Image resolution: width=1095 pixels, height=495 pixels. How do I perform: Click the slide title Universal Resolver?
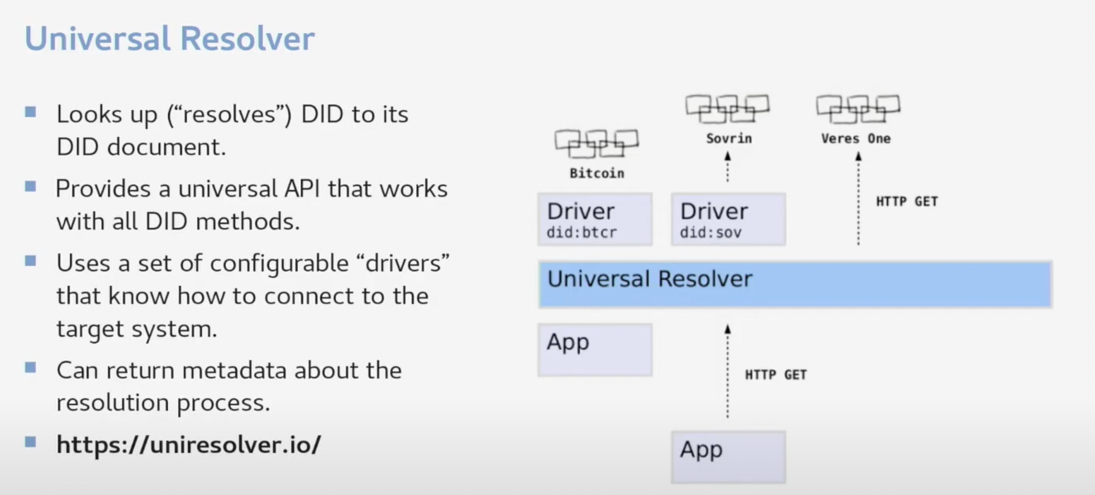coord(169,39)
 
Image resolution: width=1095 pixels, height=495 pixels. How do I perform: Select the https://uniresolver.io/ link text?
coord(188,444)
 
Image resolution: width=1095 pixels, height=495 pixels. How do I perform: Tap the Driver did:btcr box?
coord(595,219)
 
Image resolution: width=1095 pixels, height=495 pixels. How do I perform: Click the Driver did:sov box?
coord(728,219)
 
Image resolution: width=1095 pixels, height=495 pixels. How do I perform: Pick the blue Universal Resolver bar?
coord(795,284)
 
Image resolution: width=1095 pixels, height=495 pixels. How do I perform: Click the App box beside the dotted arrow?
coord(595,349)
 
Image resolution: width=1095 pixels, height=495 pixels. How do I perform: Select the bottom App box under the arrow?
coord(728,457)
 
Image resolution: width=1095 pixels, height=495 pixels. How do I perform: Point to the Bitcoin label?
coord(597,173)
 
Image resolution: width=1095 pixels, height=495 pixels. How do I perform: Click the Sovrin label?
coord(729,138)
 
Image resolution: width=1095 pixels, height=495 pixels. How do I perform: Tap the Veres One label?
coord(856,138)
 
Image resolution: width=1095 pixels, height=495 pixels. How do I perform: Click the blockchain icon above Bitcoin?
coord(597,144)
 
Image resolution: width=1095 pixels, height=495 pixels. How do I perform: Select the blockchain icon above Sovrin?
coord(727,108)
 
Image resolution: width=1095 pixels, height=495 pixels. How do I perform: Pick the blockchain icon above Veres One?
coord(858,108)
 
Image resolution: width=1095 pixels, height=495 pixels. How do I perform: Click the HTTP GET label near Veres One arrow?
coord(907,201)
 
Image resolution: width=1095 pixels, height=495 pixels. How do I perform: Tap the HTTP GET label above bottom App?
coord(775,374)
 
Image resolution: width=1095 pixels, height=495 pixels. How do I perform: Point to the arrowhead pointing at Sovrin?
coord(728,156)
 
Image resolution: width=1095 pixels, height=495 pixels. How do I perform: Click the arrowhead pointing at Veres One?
coord(859,156)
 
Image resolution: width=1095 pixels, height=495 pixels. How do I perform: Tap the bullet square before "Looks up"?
coord(31,112)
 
